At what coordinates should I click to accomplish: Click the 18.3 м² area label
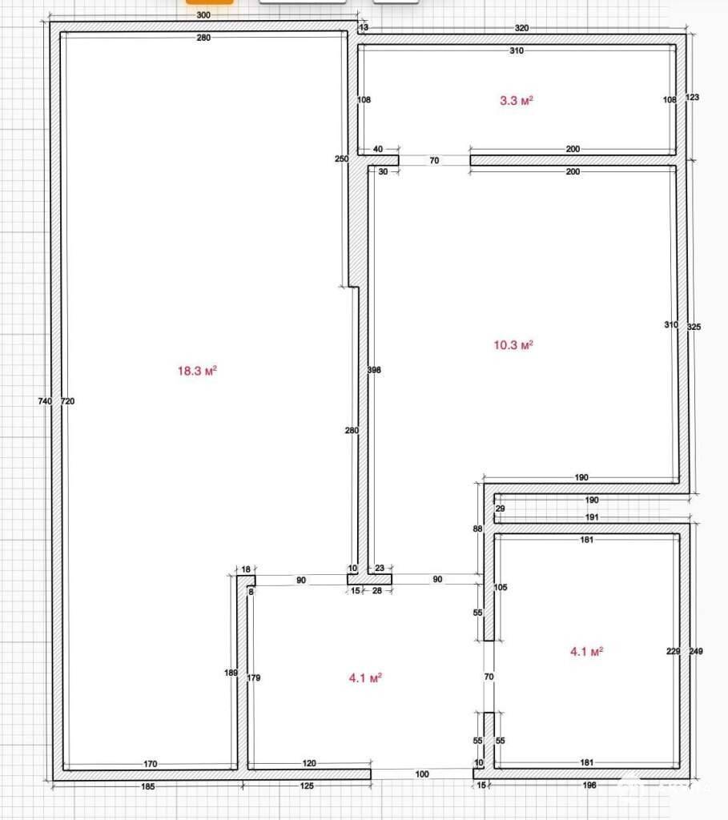point(197,371)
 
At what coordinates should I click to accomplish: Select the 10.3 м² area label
point(513,344)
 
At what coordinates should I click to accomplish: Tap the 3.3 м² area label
point(517,100)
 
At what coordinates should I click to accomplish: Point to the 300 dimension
point(203,15)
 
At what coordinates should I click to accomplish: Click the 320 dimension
point(521,28)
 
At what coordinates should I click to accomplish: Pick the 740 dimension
point(45,401)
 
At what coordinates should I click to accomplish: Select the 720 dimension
point(68,401)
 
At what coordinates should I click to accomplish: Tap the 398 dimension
point(374,370)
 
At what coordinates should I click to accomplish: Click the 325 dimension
point(694,327)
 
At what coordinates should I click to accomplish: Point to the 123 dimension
point(692,97)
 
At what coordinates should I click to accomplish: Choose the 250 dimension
point(341,159)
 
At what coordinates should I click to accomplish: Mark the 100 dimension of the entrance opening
point(422,774)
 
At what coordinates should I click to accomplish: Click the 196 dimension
point(589,785)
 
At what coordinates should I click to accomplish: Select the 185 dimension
point(148,786)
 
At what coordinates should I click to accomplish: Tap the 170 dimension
point(151,763)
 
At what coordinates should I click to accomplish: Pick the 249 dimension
point(696,651)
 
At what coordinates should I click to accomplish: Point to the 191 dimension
point(592,517)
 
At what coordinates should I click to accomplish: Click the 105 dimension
point(501,587)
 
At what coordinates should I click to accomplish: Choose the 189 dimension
point(231,673)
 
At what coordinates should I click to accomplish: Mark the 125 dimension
point(307,786)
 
